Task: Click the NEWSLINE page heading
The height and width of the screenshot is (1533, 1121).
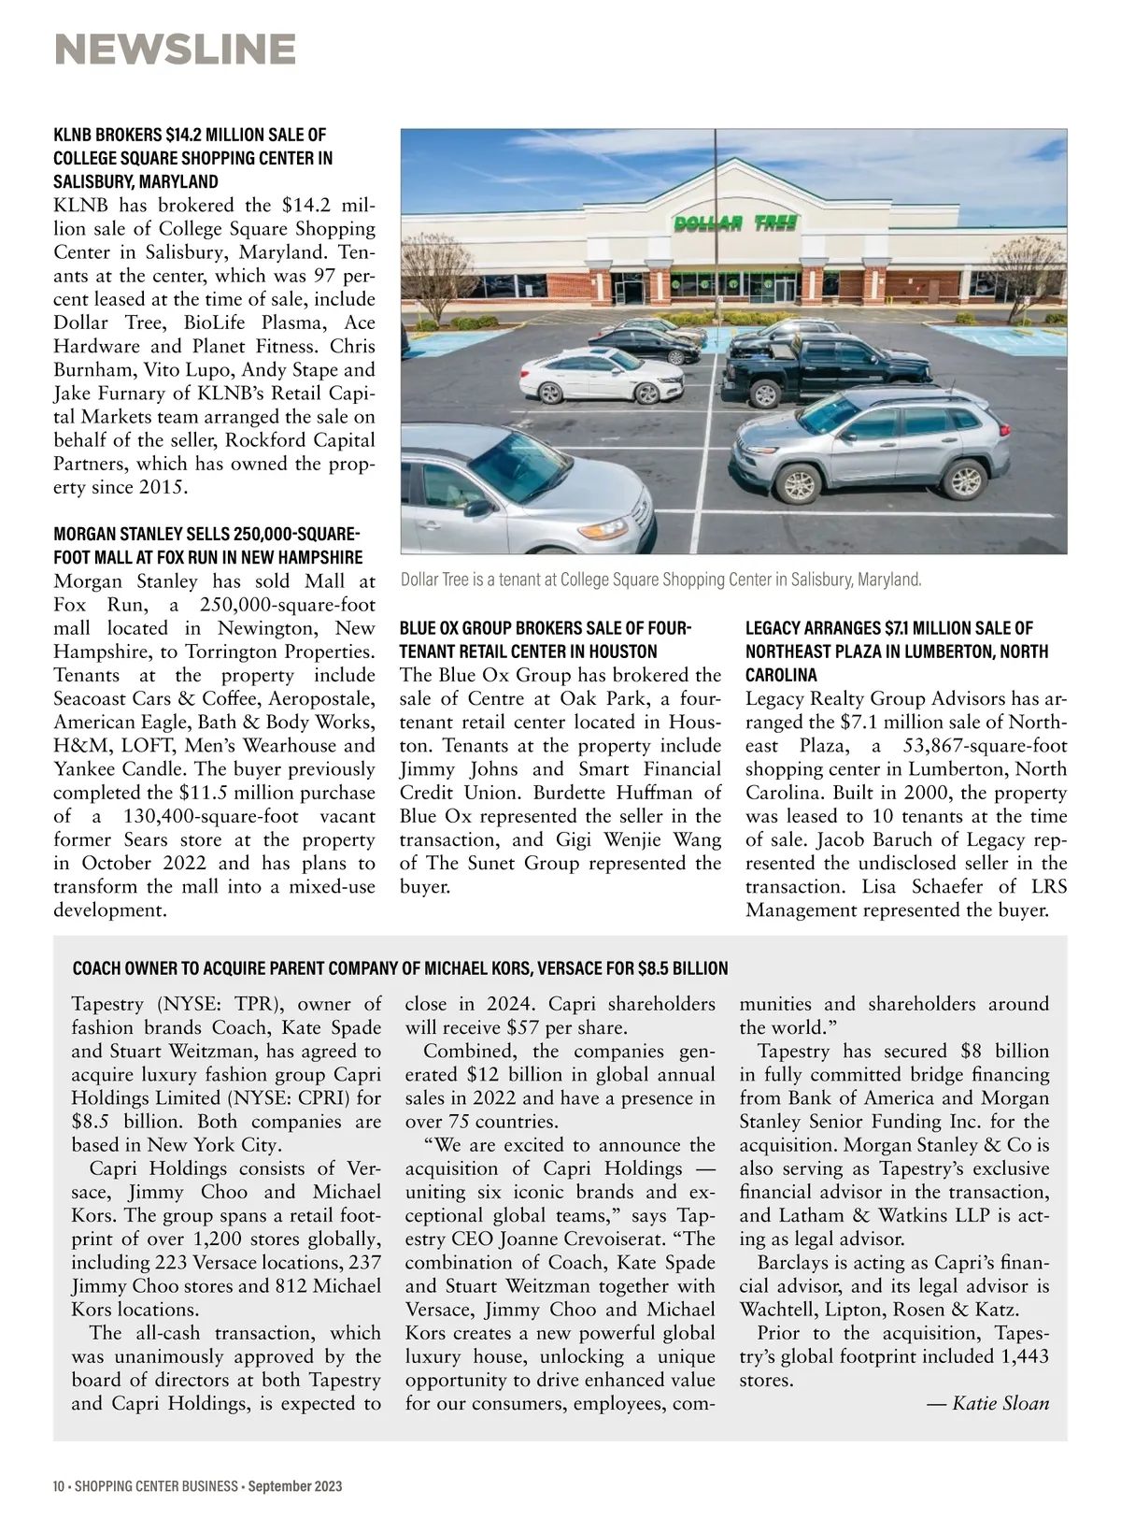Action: pyautogui.click(x=175, y=49)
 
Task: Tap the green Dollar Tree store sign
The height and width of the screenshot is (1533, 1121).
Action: pyautogui.click(x=735, y=222)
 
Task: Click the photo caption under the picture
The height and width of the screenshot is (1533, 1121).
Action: pyautogui.click(x=660, y=580)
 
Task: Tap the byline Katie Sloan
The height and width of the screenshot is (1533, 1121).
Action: pyautogui.click(x=1000, y=1403)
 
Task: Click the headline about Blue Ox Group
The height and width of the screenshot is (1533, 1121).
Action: pyautogui.click(x=545, y=639)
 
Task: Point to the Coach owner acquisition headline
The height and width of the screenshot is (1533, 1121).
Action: pyautogui.click(x=400, y=967)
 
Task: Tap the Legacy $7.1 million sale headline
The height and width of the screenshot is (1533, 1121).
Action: pyautogui.click(x=897, y=651)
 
